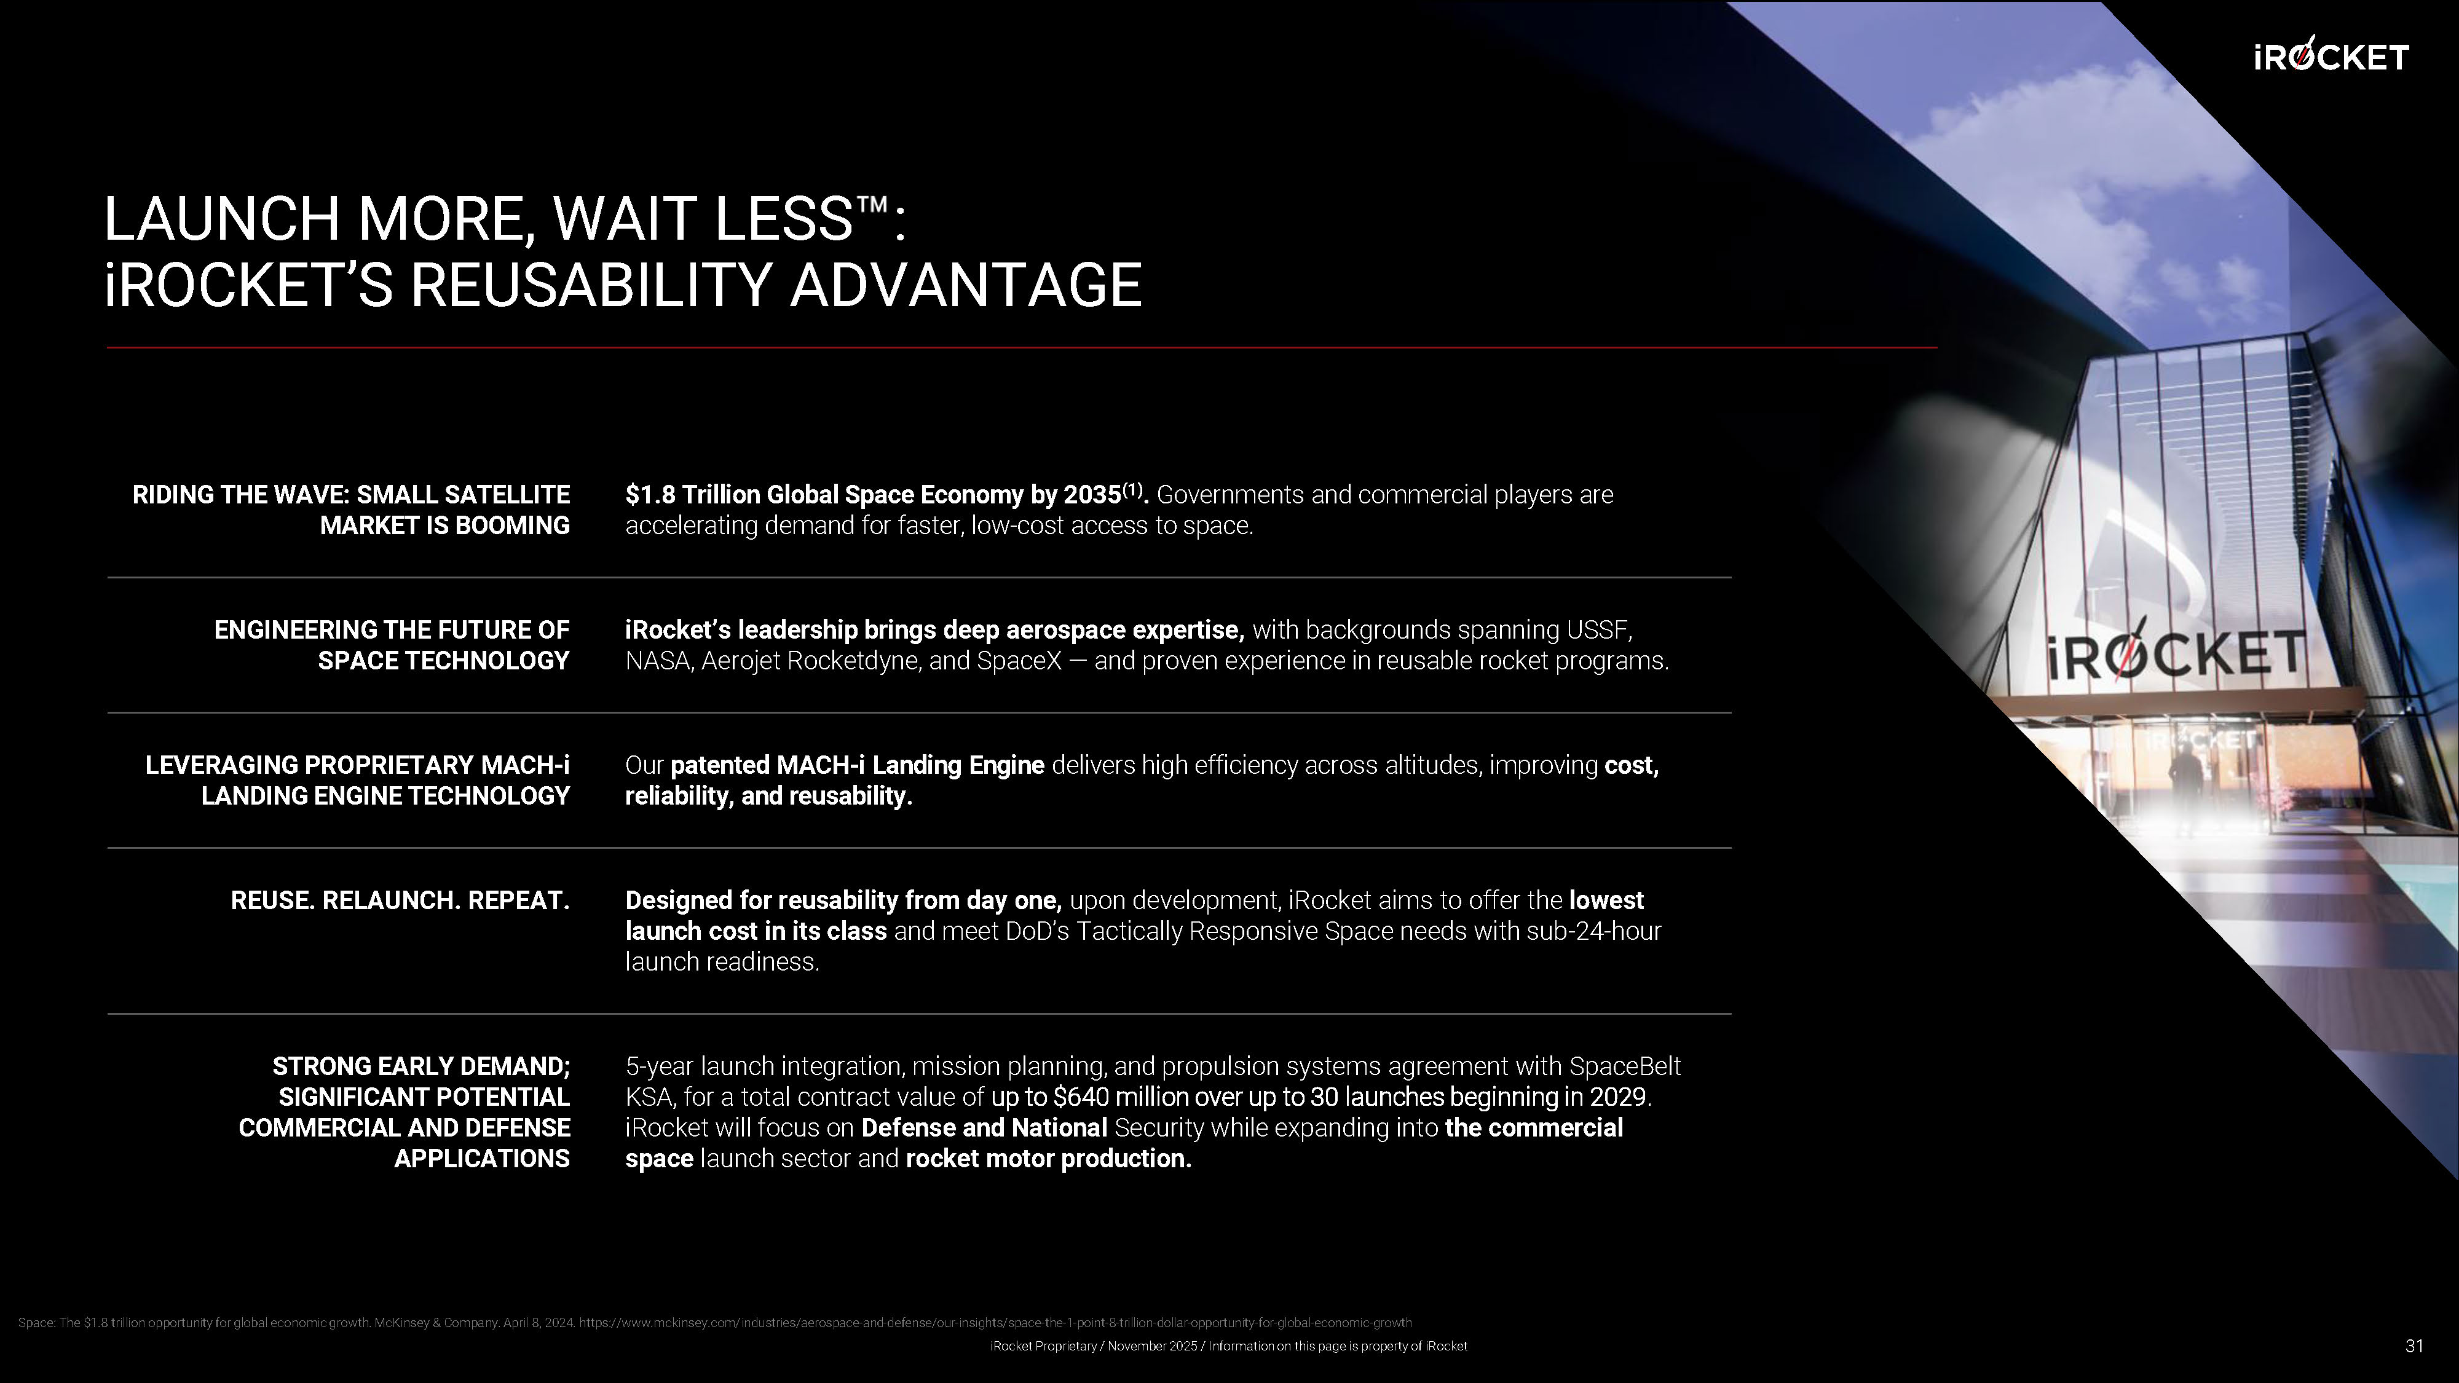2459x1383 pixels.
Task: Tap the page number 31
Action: (x=2414, y=1346)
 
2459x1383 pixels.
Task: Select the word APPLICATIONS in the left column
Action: (x=482, y=1158)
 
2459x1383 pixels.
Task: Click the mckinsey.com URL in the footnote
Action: (x=996, y=1323)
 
